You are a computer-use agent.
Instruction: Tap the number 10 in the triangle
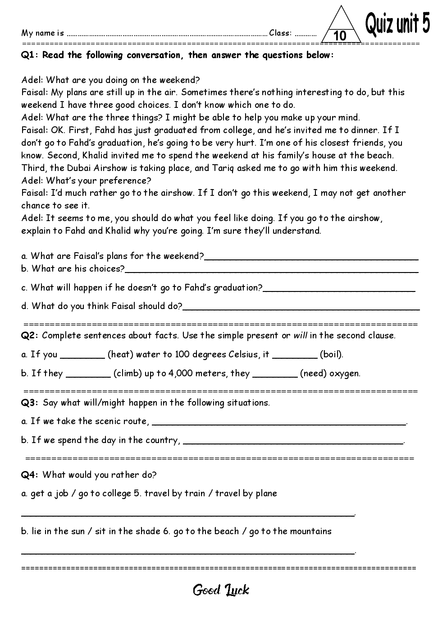point(340,36)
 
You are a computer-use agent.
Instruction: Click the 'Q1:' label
point(31,55)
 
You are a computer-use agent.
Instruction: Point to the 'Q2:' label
point(31,335)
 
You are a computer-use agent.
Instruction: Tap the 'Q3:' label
point(31,402)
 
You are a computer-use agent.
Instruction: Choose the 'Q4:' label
point(31,475)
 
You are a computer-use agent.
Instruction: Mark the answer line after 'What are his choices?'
point(271,271)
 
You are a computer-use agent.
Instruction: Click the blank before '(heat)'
point(82,357)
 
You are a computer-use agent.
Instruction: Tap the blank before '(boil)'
point(295,357)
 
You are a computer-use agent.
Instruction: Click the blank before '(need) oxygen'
point(275,376)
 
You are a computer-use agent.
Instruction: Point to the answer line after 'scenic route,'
point(279,424)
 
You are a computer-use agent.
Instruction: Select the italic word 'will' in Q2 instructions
point(300,335)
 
